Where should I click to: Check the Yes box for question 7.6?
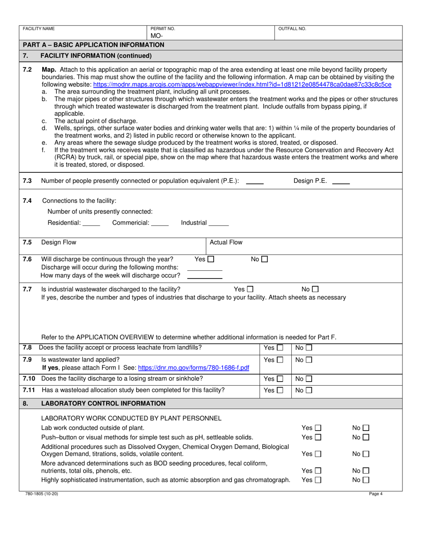point(211,259)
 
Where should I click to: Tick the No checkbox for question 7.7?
point(316,289)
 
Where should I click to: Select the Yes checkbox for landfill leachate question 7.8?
point(280,348)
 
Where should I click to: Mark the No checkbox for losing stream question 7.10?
point(309,379)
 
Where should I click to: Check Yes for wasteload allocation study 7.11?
point(280,390)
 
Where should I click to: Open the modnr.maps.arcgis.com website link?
point(242,84)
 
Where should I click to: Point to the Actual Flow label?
point(226,242)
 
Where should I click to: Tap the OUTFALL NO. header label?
point(292,29)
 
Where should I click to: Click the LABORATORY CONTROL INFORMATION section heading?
point(103,403)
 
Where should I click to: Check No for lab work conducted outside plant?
point(366,428)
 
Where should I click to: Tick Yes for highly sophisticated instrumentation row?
point(318,480)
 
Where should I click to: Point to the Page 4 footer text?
point(376,494)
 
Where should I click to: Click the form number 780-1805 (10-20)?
point(42,494)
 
